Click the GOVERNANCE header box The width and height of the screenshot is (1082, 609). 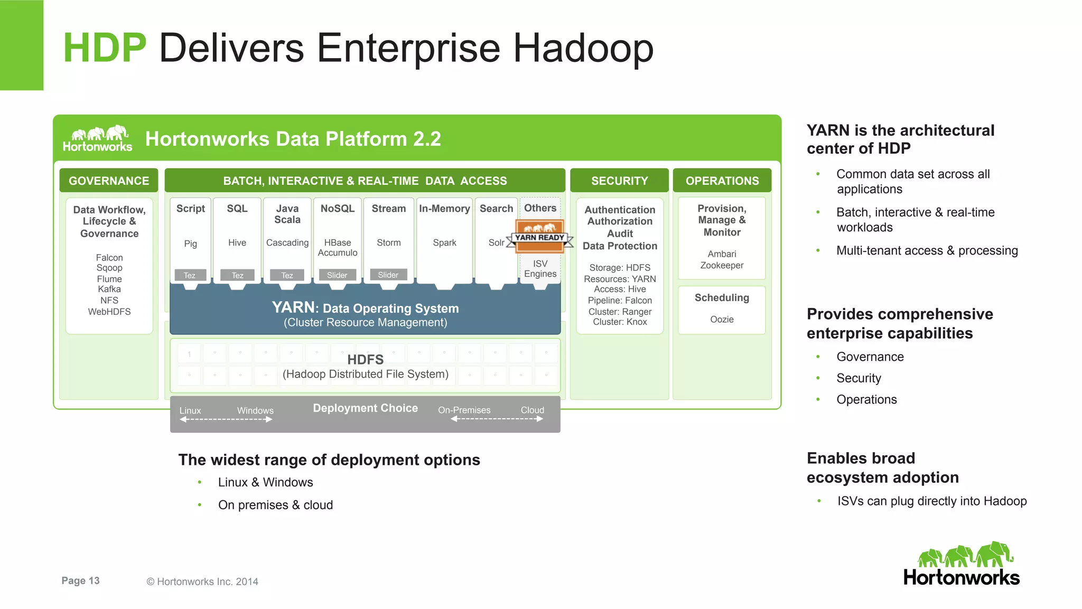[109, 181]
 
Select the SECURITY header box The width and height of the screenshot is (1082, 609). [619, 181]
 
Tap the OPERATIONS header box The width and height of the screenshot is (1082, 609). [722, 181]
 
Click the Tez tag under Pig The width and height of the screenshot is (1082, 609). [190, 275]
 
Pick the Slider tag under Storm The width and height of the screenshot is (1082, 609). [388, 275]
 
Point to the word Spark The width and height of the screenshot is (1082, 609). [444, 242]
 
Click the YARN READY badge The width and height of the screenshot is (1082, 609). [540, 236]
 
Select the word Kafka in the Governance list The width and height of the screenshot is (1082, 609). [109, 289]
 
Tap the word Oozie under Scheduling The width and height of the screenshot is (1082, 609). [722, 319]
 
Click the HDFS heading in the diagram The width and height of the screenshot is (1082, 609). [365, 360]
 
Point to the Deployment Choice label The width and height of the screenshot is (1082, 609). [365, 408]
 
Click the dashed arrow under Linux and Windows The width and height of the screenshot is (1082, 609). [226, 419]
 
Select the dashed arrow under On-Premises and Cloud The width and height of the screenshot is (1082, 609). [497, 419]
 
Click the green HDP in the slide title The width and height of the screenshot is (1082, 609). [104, 48]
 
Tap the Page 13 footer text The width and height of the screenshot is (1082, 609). [80, 580]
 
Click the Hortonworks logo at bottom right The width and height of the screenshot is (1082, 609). [962, 564]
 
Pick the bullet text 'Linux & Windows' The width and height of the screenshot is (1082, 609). [265, 482]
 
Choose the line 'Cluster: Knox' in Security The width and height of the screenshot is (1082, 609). [620, 322]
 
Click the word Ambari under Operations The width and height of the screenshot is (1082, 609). [722, 254]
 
